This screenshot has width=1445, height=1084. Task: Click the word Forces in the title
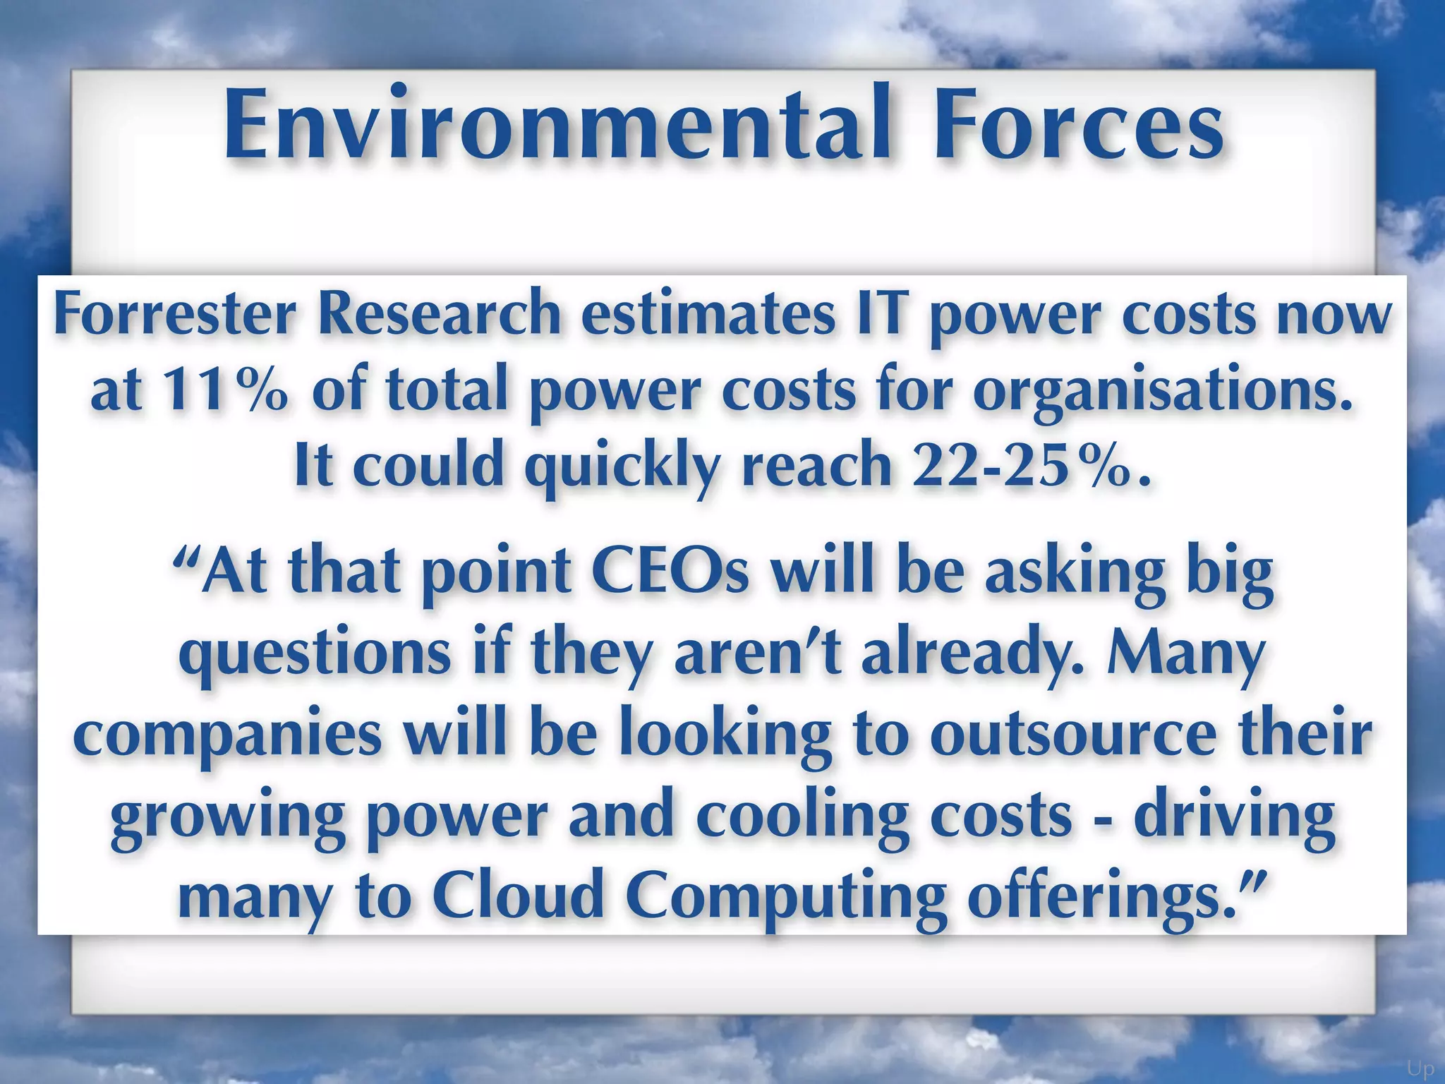tap(1079, 124)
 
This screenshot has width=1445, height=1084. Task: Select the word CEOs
tap(670, 571)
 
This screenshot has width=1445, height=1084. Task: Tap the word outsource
tap(1073, 735)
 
